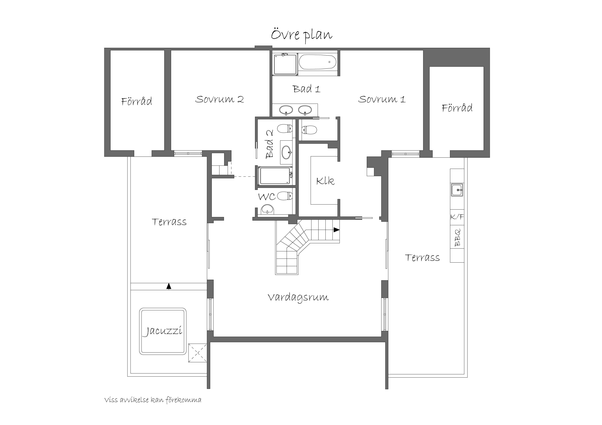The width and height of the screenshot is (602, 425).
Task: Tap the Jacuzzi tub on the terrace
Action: (163, 331)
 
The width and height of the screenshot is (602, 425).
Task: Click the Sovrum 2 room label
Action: (219, 99)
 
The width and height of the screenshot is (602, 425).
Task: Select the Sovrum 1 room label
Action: (382, 99)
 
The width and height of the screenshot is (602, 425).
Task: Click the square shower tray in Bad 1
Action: (285, 64)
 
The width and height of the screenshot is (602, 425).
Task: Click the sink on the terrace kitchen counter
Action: (457, 190)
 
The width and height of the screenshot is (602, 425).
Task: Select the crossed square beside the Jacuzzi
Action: (198, 353)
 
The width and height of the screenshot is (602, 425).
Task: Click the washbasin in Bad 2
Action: (286, 152)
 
